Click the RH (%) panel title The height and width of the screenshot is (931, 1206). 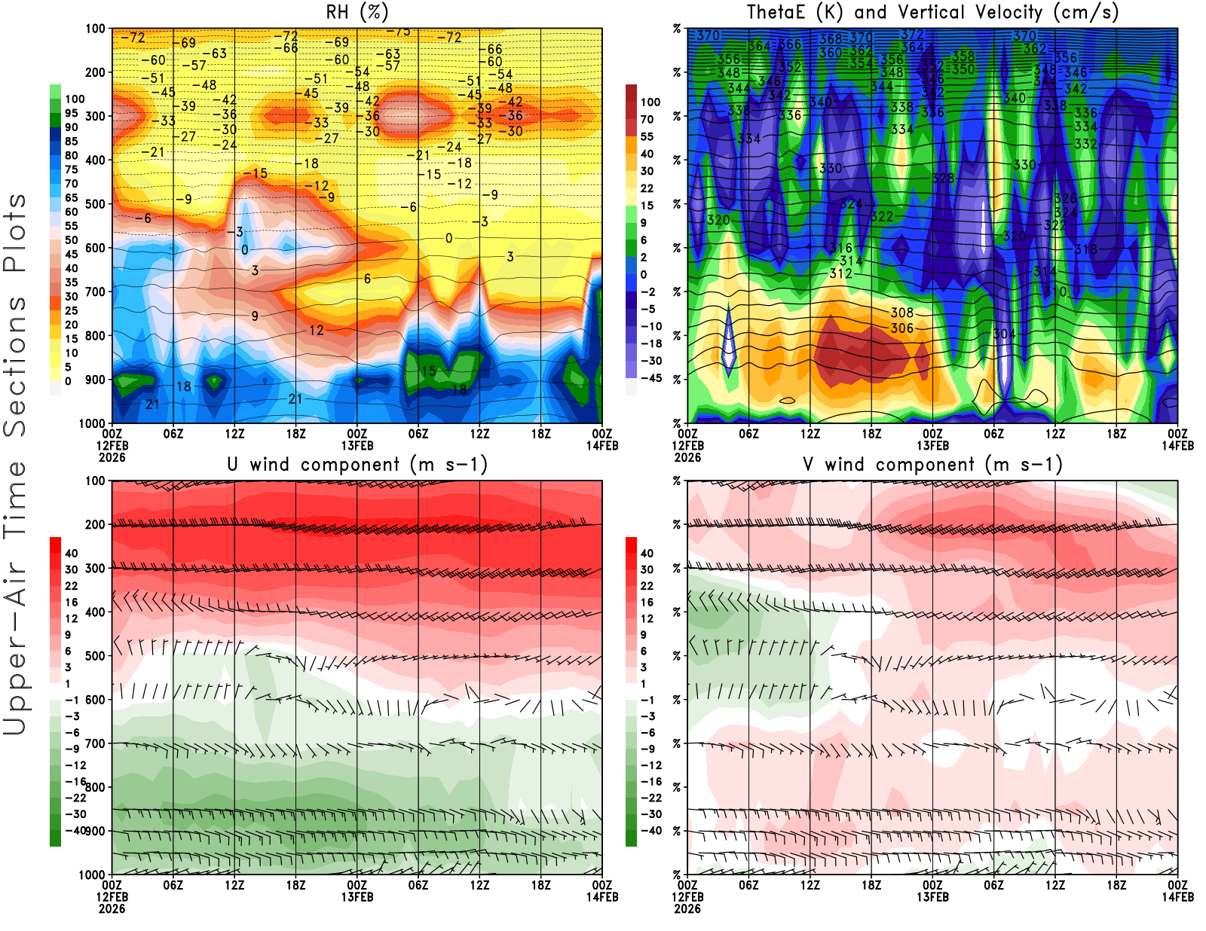click(357, 12)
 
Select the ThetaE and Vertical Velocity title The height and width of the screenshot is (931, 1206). click(932, 12)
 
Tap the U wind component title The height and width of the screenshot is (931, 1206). click(357, 464)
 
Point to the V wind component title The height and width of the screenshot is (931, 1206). click(932, 464)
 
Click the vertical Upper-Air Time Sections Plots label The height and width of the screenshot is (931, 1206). click(15, 465)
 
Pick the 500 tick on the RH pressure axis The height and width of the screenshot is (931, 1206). click(96, 204)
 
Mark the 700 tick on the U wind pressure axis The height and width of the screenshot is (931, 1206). click(96, 743)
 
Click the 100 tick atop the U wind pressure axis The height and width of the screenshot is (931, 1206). click(96, 481)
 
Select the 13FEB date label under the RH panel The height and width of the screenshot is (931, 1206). click(357, 445)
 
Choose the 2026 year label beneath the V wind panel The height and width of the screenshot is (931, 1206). click(687, 908)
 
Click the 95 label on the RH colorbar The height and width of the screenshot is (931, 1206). click(71, 113)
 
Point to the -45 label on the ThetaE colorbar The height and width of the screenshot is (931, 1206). click(650, 378)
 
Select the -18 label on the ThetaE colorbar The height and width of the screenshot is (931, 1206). click(650, 343)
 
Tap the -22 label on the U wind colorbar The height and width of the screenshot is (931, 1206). click(75, 798)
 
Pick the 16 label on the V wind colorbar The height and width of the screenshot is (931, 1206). click(647, 602)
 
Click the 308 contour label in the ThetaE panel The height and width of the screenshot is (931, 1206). click(902, 313)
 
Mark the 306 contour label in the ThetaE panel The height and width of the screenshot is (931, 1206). click(902, 328)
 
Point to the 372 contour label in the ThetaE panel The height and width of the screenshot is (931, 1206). click(912, 35)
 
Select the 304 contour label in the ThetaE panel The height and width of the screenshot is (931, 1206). click(1004, 334)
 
